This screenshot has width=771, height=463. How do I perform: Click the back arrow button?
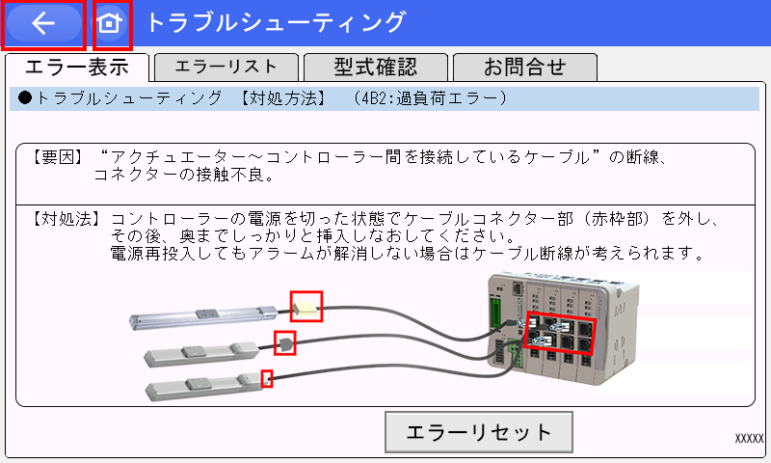point(43,23)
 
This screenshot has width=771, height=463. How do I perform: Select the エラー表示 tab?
point(77,67)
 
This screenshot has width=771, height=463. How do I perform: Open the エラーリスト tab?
point(226,67)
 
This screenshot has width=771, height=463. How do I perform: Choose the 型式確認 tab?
point(376,67)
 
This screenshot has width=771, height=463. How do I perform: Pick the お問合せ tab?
point(525,67)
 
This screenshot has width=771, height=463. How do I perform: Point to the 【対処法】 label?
point(66,219)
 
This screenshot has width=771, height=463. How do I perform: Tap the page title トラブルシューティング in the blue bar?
point(277,22)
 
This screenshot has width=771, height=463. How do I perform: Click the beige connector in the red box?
point(306,309)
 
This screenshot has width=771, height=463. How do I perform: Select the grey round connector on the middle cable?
point(285,343)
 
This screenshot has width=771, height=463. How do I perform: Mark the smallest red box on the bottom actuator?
point(267,378)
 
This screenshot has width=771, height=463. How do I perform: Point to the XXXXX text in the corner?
point(749,438)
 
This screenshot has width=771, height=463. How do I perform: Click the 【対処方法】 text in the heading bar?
point(283,98)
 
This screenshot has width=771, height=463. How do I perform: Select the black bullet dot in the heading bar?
point(25,97)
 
